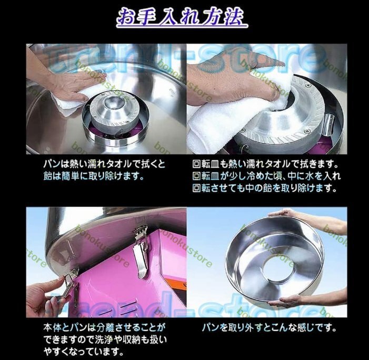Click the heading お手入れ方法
coord(182,17)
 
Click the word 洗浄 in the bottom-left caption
coord(104,340)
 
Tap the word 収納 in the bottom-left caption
coord(138,340)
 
